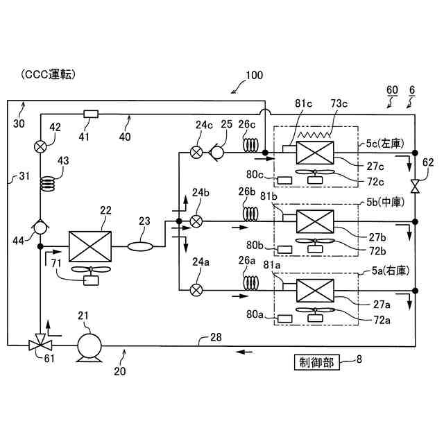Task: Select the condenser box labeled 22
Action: pos(90,246)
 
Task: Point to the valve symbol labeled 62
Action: pos(414,186)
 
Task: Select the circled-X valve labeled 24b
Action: pos(197,221)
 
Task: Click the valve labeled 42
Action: pos(40,146)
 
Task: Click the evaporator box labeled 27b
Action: pos(315,221)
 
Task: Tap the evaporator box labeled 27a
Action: pos(315,289)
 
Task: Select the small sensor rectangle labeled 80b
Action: pos(284,248)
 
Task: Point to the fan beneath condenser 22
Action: pos(89,272)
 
